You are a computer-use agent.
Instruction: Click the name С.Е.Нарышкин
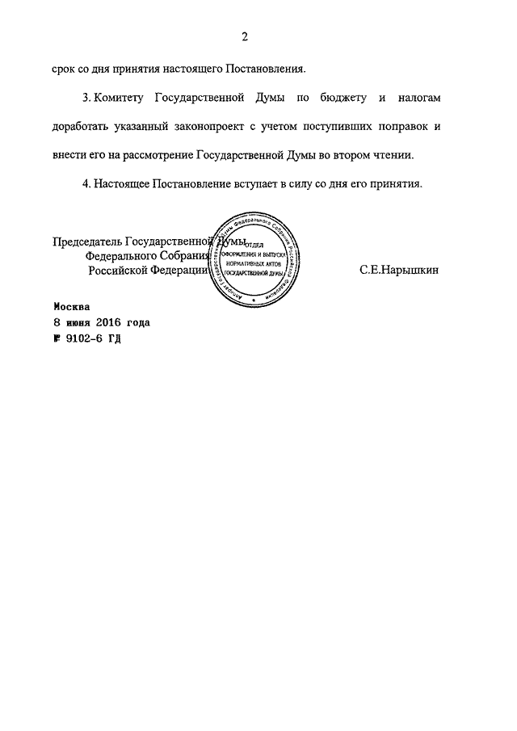tap(399, 271)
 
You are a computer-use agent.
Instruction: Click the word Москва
tap(73, 307)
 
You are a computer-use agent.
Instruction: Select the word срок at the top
tap(64, 70)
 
